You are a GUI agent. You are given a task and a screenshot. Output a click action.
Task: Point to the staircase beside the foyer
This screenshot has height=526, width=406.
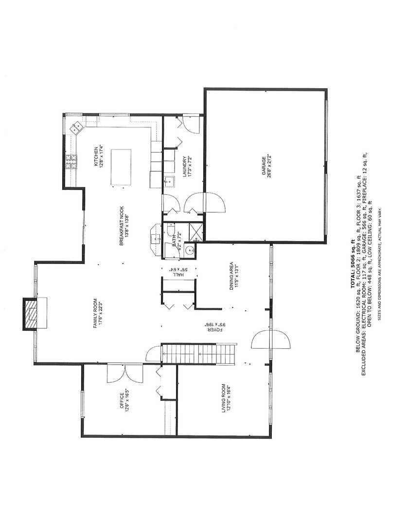(x=198, y=354)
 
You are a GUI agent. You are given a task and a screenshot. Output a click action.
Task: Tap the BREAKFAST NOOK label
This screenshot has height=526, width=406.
(x=125, y=229)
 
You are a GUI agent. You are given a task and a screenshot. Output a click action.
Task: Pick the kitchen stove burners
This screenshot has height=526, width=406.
(x=71, y=161)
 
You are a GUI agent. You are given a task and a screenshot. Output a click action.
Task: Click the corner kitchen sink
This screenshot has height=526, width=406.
(x=77, y=128)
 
